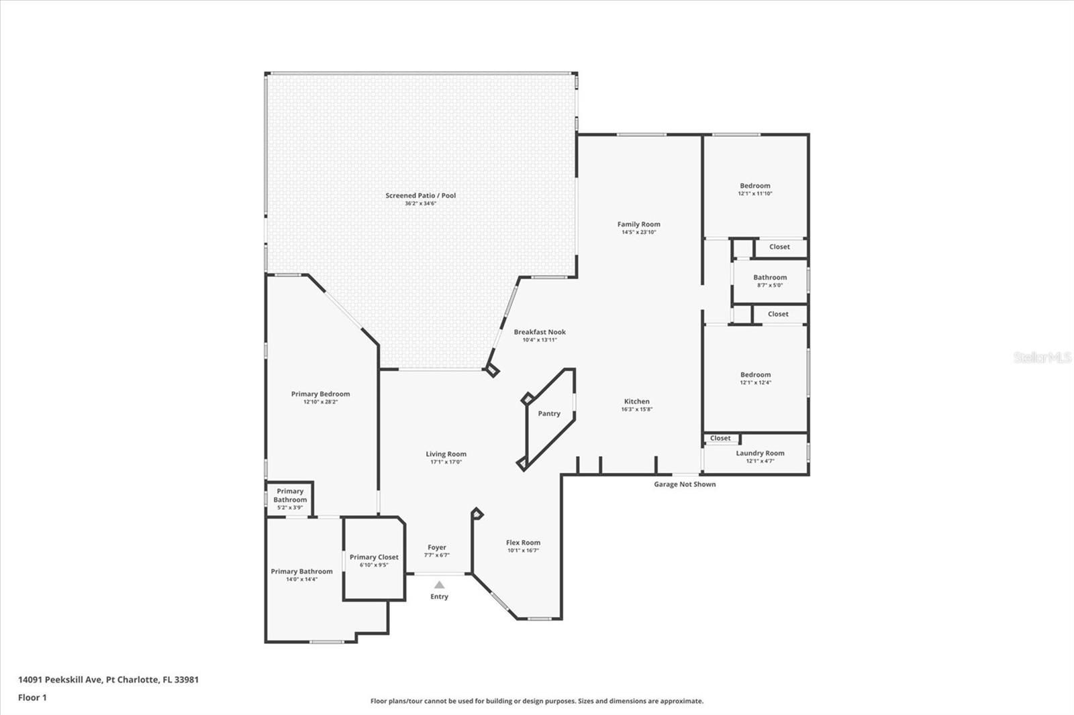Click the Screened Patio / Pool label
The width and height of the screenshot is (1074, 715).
pos(420,196)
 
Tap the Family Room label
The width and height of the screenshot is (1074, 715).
pos(638,224)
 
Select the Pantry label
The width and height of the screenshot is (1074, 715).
pos(549,414)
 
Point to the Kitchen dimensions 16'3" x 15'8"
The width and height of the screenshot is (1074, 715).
pos(637,409)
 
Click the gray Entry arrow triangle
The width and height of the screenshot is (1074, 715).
pos(439,585)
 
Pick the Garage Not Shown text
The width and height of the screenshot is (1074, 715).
pos(685,484)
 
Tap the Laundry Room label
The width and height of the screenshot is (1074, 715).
pos(760,453)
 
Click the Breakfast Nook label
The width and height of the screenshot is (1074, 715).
pos(540,332)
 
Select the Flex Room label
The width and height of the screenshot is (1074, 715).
pos(523,543)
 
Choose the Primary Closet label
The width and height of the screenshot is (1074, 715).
pos(374,557)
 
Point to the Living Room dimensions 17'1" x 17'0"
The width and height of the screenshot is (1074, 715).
pos(446,462)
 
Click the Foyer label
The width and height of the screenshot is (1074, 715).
pos(437,547)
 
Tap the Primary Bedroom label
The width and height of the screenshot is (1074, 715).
pos(320,394)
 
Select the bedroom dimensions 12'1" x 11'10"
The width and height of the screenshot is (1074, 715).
pos(755,194)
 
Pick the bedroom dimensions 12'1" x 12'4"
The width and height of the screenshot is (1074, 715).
pos(756,382)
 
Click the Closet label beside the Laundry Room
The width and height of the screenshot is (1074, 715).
pos(720,438)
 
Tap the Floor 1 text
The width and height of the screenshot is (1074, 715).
pos(33,698)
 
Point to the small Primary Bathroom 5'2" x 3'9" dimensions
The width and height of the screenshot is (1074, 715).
pos(290,508)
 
